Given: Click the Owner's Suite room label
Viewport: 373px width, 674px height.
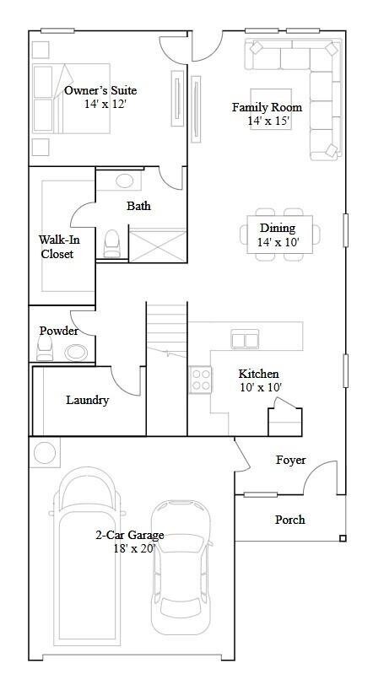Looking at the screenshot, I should coord(100,91).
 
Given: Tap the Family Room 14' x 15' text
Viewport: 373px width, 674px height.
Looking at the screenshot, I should coord(267,114).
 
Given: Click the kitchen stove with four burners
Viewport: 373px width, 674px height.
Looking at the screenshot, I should coord(201,379).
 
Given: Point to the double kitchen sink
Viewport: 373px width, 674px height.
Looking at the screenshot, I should coord(246,339).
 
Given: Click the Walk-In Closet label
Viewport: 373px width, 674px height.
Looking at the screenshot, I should coord(56,246).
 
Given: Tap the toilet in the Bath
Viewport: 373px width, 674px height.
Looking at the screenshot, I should coord(111,243).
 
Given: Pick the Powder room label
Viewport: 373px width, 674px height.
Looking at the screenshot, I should coord(58,331).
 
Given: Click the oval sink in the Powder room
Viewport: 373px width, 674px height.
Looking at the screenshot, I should coord(76,353).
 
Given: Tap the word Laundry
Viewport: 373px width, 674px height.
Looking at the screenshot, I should coord(88,400).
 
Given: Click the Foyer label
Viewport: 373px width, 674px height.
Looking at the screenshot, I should coord(290,460).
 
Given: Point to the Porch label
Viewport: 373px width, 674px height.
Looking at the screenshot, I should coord(289,520).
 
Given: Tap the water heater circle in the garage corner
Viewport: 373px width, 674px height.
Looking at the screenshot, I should coord(43,453).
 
